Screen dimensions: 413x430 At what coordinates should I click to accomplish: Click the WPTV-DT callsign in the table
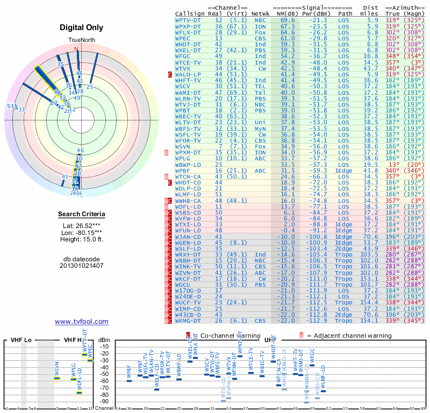point(188,19)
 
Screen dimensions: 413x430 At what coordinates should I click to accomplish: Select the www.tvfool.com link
point(81,322)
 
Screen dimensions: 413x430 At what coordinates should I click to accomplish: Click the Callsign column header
point(190,13)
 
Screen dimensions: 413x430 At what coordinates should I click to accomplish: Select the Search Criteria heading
point(81,215)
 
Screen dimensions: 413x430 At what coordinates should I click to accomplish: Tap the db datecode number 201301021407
point(81,266)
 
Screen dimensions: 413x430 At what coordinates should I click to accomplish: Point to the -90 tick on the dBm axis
point(104,401)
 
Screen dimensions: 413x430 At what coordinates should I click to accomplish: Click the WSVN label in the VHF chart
point(57,370)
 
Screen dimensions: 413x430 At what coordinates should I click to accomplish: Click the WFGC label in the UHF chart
point(312,356)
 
